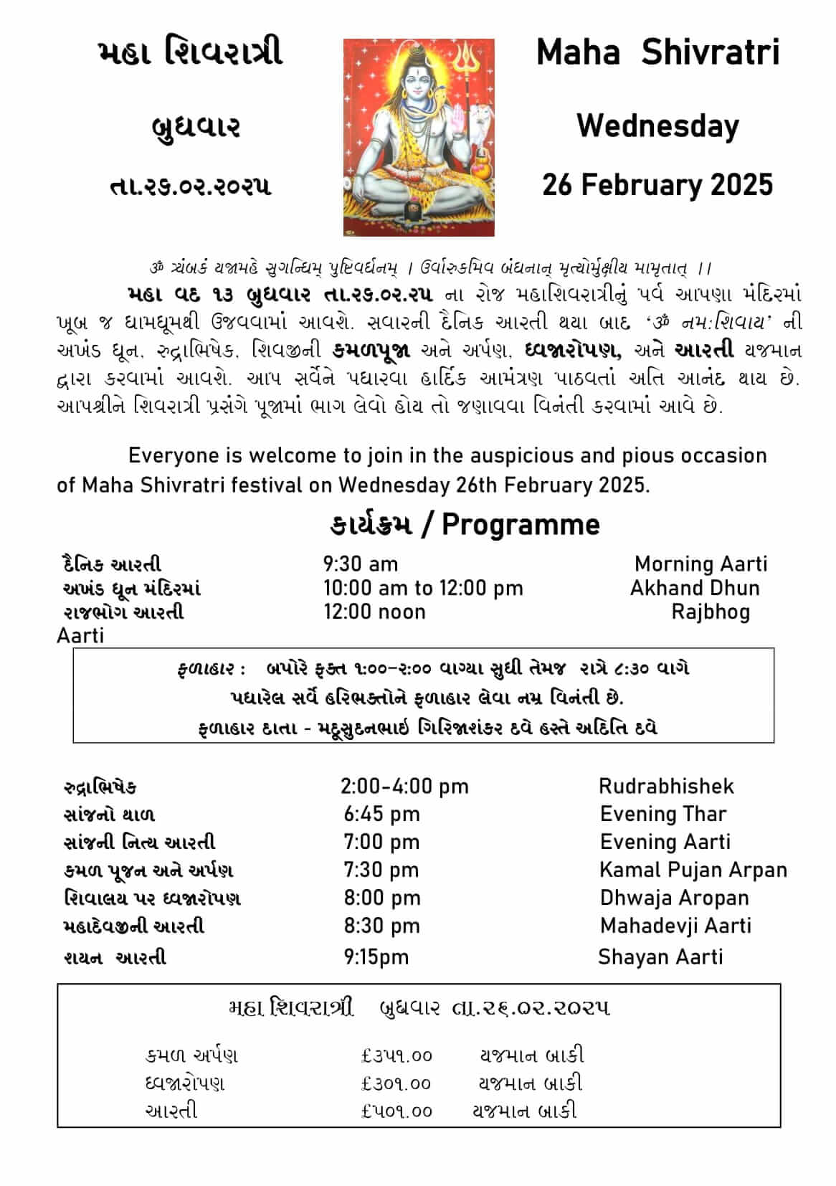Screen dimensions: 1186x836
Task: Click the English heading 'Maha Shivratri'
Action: pyautogui.click(x=657, y=52)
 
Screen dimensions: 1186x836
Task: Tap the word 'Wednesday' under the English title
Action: pyautogui.click(x=657, y=127)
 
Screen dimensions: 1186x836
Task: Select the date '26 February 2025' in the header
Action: pyautogui.click(x=657, y=185)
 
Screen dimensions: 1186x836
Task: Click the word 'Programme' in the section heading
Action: pyautogui.click(x=521, y=524)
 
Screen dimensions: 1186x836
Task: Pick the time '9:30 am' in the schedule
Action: pyautogui.click(x=360, y=564)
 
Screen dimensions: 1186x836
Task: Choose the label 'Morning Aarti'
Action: pyautogui.click(x=700, y=564)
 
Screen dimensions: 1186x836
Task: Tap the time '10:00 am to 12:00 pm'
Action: pyautogui.click(x=423, y=588)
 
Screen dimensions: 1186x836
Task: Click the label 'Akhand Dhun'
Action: pyautogui.click(x=694, y=588)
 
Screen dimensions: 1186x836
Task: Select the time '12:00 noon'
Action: pyautogui.click(x=374, y=612)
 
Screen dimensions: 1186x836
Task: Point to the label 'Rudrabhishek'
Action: pyautogui.click(x=666, y=786)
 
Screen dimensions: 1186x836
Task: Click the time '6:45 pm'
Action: pyautogui.click(x=381, y=814)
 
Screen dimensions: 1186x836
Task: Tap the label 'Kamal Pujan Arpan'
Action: pyautogui.click(x=693, y=870)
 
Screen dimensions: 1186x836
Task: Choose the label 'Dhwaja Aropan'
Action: pyautogui.click(x=674, y=898)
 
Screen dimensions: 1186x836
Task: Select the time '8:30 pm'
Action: pyautogui.click(x=381, y=926)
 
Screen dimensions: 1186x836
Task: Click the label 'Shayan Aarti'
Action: pyautogui.click(x=660, y=957)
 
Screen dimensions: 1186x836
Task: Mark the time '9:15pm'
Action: pyautogui.click(x=376, y=957)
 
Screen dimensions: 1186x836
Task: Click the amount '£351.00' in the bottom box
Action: pyautogui.click(x=396, y=1055)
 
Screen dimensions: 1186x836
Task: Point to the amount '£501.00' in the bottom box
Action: pyautogui.click(x=396, y=1111)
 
